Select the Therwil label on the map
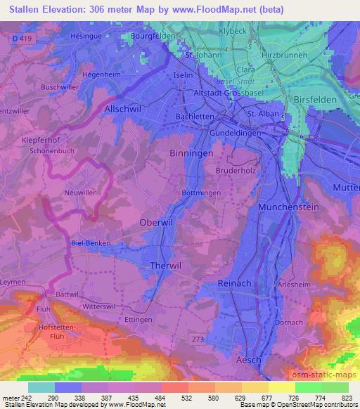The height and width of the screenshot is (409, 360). (x=167, y=266)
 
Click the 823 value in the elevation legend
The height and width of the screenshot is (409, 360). (x=346, y=398)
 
